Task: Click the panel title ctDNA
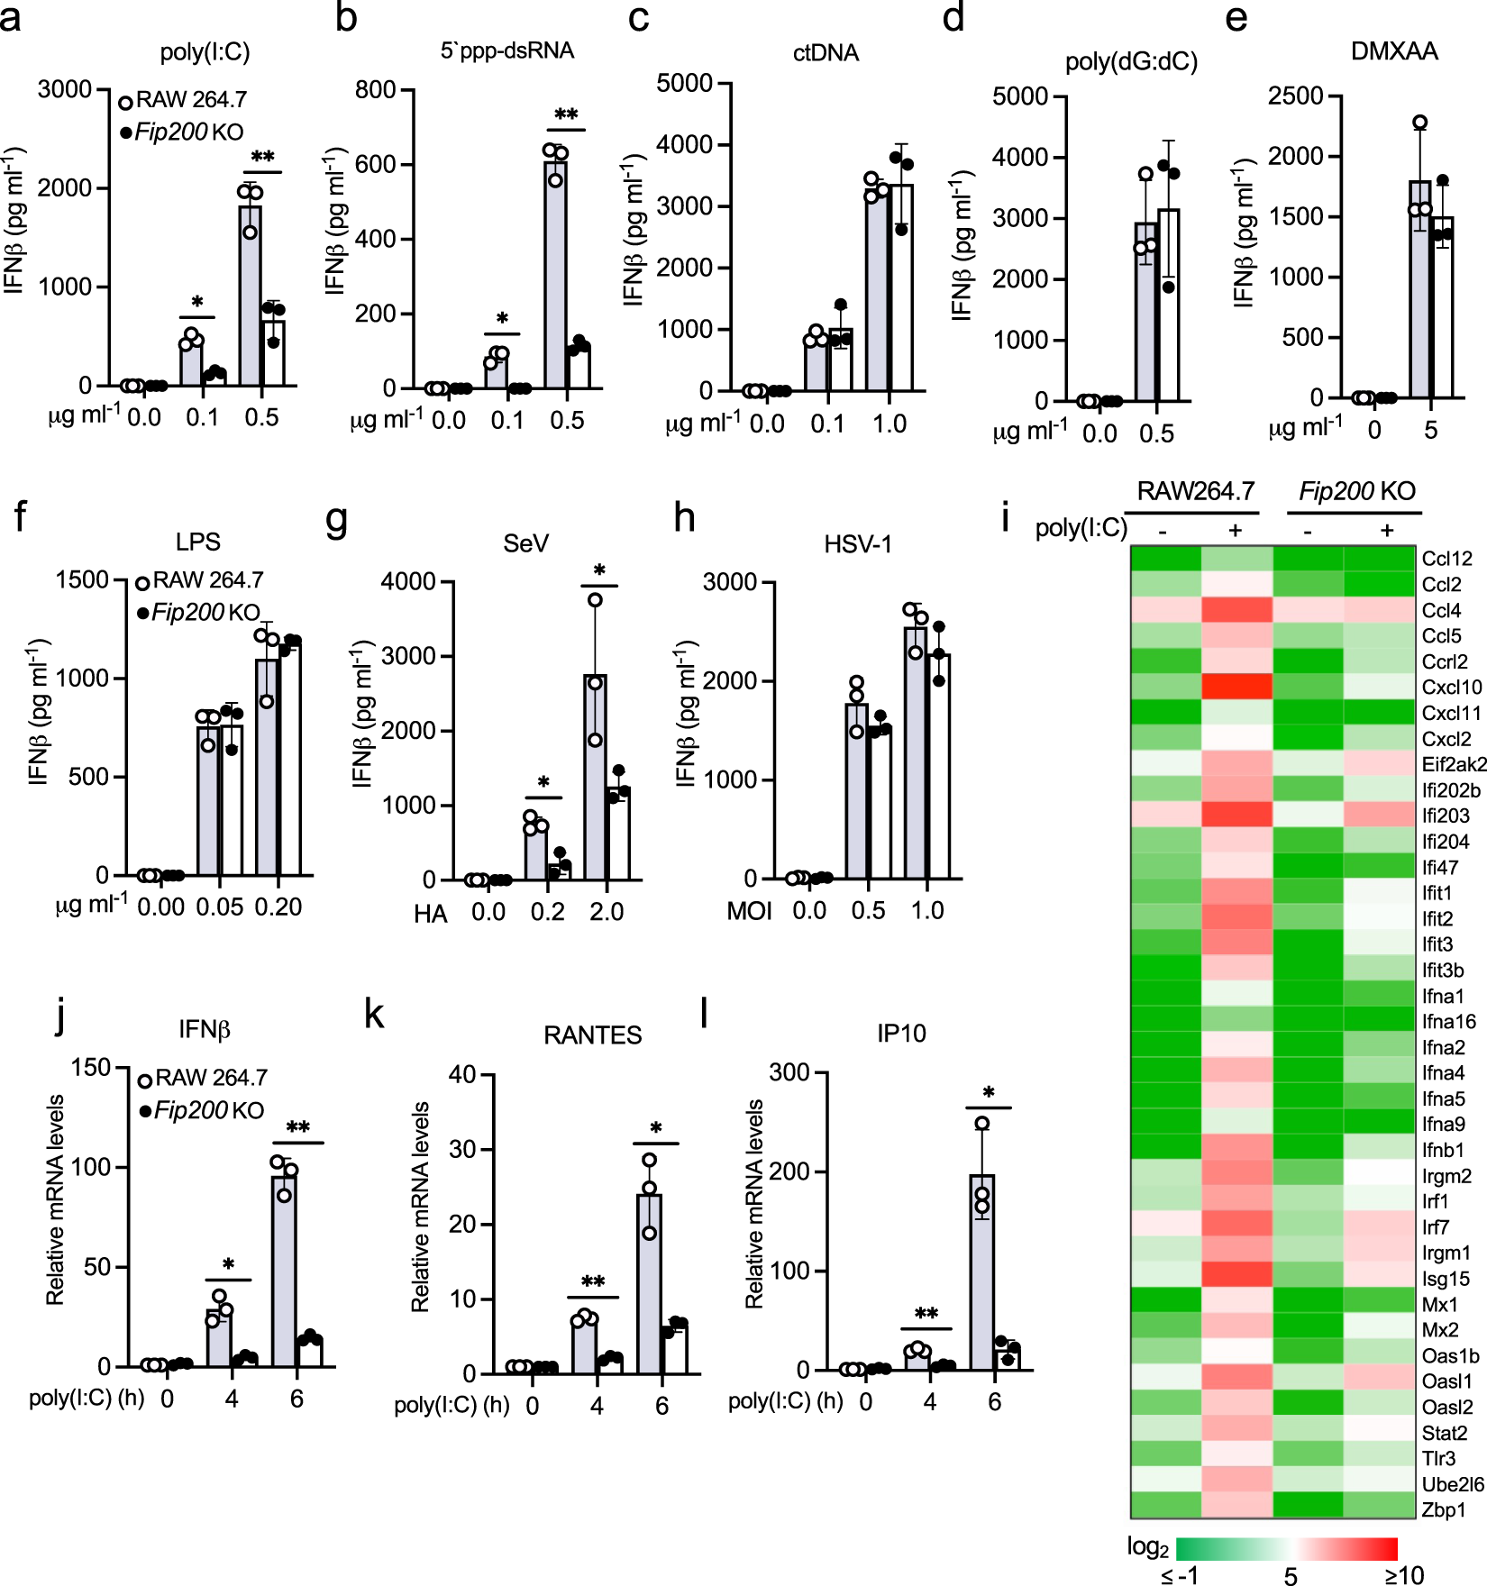pyautogui.click(x=826, y=53)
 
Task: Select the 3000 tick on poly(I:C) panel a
pyautogui.click(x=65, y=89)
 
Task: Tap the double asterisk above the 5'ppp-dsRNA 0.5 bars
pyautogui.click(x=566, y=115)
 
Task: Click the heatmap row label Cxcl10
pyautogui.click(x=1451, y=688)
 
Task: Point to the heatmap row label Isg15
pyautogui.click(x=1446, y=1279)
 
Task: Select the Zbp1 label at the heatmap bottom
pyautogui.click(x=1443, y=1509)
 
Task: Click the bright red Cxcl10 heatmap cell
pyautogui.click(x=1236, y=687)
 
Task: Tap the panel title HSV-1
pyautogui.click(x=857, y=544)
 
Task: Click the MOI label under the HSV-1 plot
pyautogui.click(x=749, y=911)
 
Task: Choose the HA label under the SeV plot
pyautogui.click(x=430, y=914)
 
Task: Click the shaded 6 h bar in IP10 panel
pyautogui.click(x=982, y=1271)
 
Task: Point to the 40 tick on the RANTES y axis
pyautogui.click(x=462, y=1074)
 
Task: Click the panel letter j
pyautogui.click(x=60, y=1015)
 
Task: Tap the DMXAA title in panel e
pyautogui.click(x=1393, y=51)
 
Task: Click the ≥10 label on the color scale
pyautogui.click(x=1404, y=1575)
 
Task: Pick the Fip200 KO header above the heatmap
pyautogui.click(x=1356, y=491)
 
